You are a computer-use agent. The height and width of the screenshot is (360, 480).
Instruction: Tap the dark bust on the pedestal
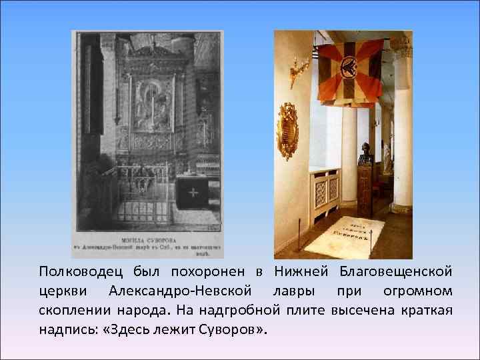click(x=365, y=154)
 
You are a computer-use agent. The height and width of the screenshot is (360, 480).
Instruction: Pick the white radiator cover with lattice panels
click(x=325, y=193)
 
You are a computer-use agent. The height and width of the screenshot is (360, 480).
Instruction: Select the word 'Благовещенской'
click(x=396, y=272)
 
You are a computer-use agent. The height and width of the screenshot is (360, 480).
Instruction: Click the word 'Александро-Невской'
click(x=180, y=291)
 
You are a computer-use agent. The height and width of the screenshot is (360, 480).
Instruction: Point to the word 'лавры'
click(x=291, y=291)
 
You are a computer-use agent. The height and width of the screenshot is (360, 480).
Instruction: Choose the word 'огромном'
click(x=417, y=291)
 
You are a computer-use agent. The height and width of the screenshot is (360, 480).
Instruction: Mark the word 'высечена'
click(x=369, y=311)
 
